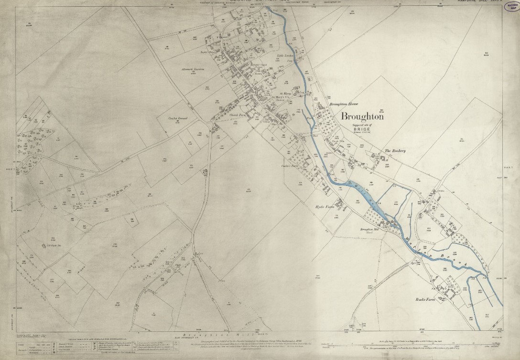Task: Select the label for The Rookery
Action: coord(395,151)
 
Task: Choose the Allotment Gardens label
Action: coord(193,70)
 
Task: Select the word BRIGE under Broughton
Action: coord(361,129)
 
